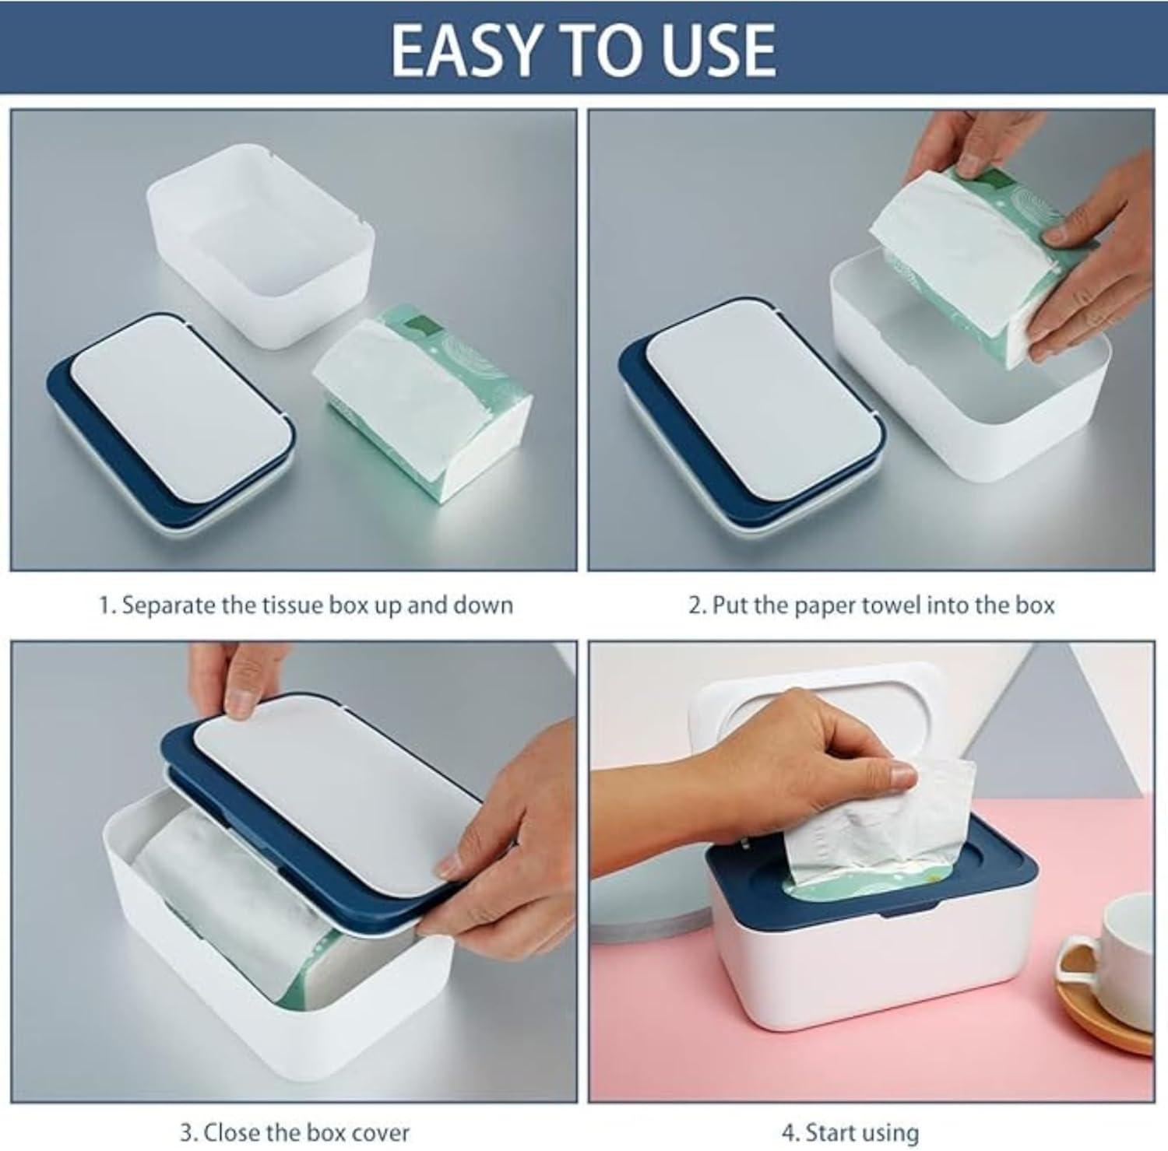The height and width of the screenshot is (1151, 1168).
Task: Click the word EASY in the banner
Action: (459, 50)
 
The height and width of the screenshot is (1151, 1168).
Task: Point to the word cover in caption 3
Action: (377, 1131)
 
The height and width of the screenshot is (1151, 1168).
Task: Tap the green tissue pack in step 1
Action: (424, 397)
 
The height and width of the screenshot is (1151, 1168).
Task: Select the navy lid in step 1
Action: (167, 420)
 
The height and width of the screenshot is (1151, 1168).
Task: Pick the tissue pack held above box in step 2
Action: (966, 257)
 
